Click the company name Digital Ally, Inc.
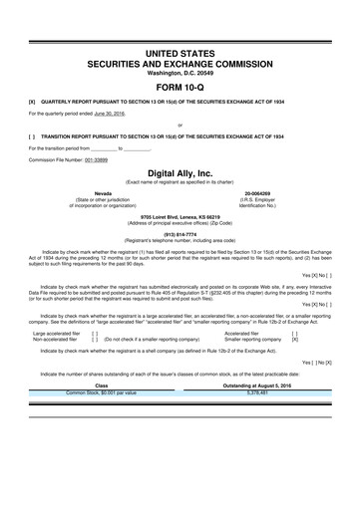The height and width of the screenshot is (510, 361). coord(180,172)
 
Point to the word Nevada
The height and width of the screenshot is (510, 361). coord(103,192)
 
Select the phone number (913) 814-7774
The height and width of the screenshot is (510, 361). coord(180,234)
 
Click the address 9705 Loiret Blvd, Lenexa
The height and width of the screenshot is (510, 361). coord(180,215)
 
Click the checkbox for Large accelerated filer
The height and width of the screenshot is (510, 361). coord(94,334)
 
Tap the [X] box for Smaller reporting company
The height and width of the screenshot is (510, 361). coord(294,340)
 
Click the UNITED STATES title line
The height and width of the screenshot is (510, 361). coord(180,50)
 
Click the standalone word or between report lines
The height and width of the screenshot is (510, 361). coord(180,126)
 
